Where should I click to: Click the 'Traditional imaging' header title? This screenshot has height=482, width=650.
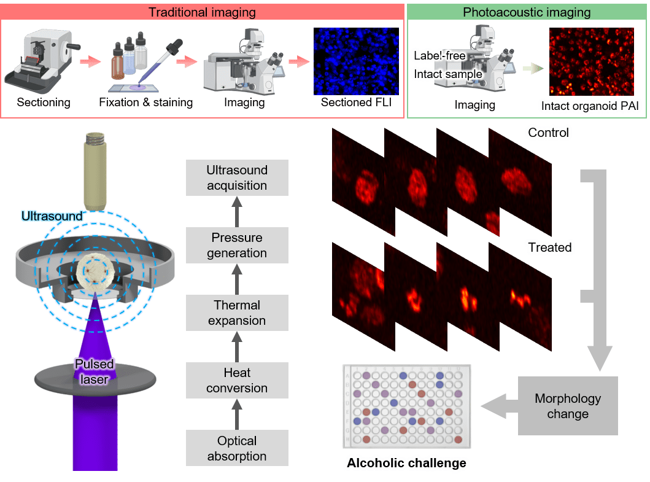(x=203, y=12)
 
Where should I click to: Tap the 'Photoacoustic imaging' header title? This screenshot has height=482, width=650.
(x=527, y=12)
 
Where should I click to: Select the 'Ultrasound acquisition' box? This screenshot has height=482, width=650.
(x=237, y=177)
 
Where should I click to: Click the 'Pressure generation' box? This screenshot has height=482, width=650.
(x=237, y=245)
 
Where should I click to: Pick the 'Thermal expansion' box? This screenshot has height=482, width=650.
(x=237, y=313)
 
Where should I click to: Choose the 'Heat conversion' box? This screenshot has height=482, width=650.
(x=237, y=380)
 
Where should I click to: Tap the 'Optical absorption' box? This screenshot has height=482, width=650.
(x=237, y=448)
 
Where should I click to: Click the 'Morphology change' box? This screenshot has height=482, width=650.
(x=568, y=406)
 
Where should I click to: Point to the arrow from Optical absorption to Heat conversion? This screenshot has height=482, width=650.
(x=237, y=414)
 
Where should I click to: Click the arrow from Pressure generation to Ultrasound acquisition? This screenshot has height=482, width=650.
(x=237, y=212)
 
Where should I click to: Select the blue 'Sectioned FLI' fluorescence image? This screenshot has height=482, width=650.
(x=356, y=61)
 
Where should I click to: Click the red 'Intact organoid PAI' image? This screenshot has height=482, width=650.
(x=592, y=62)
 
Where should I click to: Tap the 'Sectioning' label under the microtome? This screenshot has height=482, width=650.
(x=44, y=103)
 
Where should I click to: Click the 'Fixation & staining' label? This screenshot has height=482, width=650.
(x=146, y=103)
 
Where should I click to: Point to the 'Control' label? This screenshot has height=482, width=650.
(x=549, y=133)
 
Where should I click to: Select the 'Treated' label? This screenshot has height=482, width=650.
(x=550, y=247)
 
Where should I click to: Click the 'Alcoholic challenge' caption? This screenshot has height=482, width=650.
(x=407, y=463)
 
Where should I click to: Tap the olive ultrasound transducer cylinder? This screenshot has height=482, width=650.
(x=95, y=171)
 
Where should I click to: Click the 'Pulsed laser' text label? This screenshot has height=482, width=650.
(x=94, y=371)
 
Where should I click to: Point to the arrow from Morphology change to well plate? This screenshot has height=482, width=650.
(x=500, y=406)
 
